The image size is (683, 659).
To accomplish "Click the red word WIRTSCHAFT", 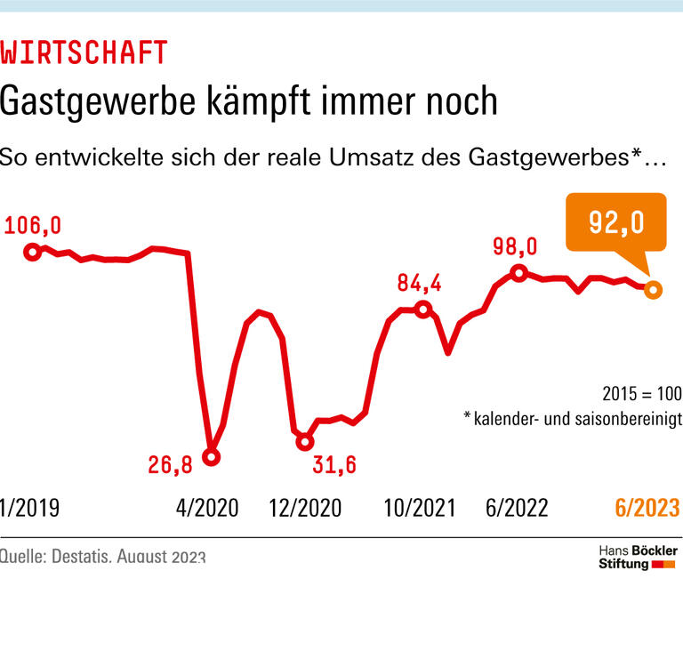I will (x=84, y=52).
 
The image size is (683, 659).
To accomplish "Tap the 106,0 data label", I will (x=32, y=226).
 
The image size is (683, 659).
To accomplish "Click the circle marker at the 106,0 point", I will (x=32, y=252).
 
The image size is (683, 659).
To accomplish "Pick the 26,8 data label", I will (x=172, y=464).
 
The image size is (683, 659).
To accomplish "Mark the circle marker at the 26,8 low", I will (x=211, y=457).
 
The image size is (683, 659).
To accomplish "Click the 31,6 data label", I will (x=334, y=464).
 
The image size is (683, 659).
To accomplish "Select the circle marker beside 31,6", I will (x=304, y=441).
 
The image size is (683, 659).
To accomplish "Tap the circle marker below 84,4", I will (x=424, y=309).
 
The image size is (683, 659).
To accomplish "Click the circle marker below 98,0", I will (x=518, y=272).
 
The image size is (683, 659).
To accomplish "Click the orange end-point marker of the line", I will (x=652, y=289).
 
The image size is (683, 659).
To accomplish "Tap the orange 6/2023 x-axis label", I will (x=647, y=508).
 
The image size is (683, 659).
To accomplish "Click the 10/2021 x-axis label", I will (x=420, y=508).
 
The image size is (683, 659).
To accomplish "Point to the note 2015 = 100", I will (x=640, y=393).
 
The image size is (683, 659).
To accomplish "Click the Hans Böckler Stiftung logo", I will (x=637, y=558).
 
